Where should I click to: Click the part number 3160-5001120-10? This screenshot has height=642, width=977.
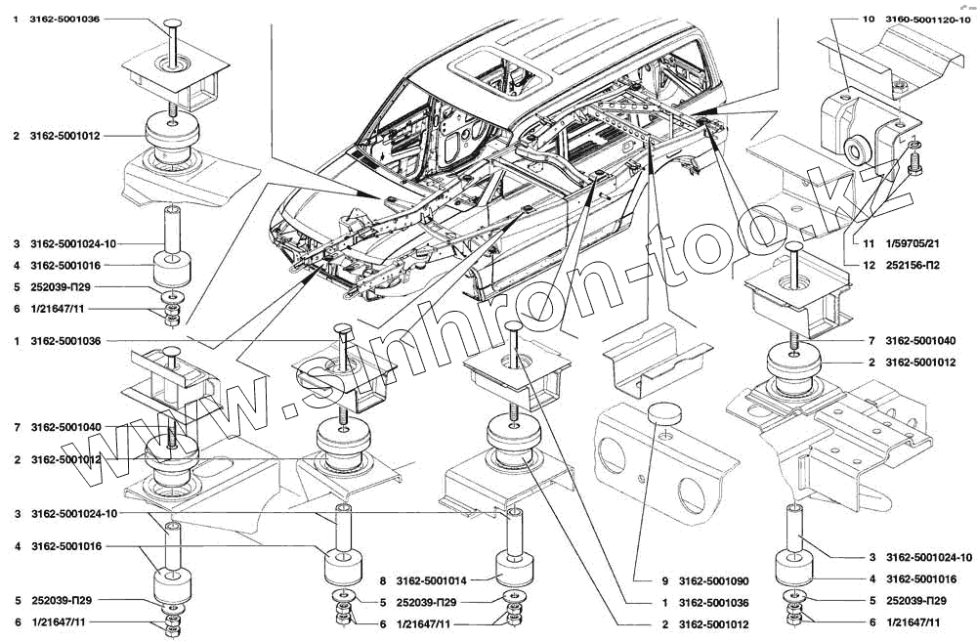(x=929, y=19)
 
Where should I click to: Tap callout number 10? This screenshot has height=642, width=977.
(x=869, y=19)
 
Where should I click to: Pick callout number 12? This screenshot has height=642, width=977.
(x=868, y=265)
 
